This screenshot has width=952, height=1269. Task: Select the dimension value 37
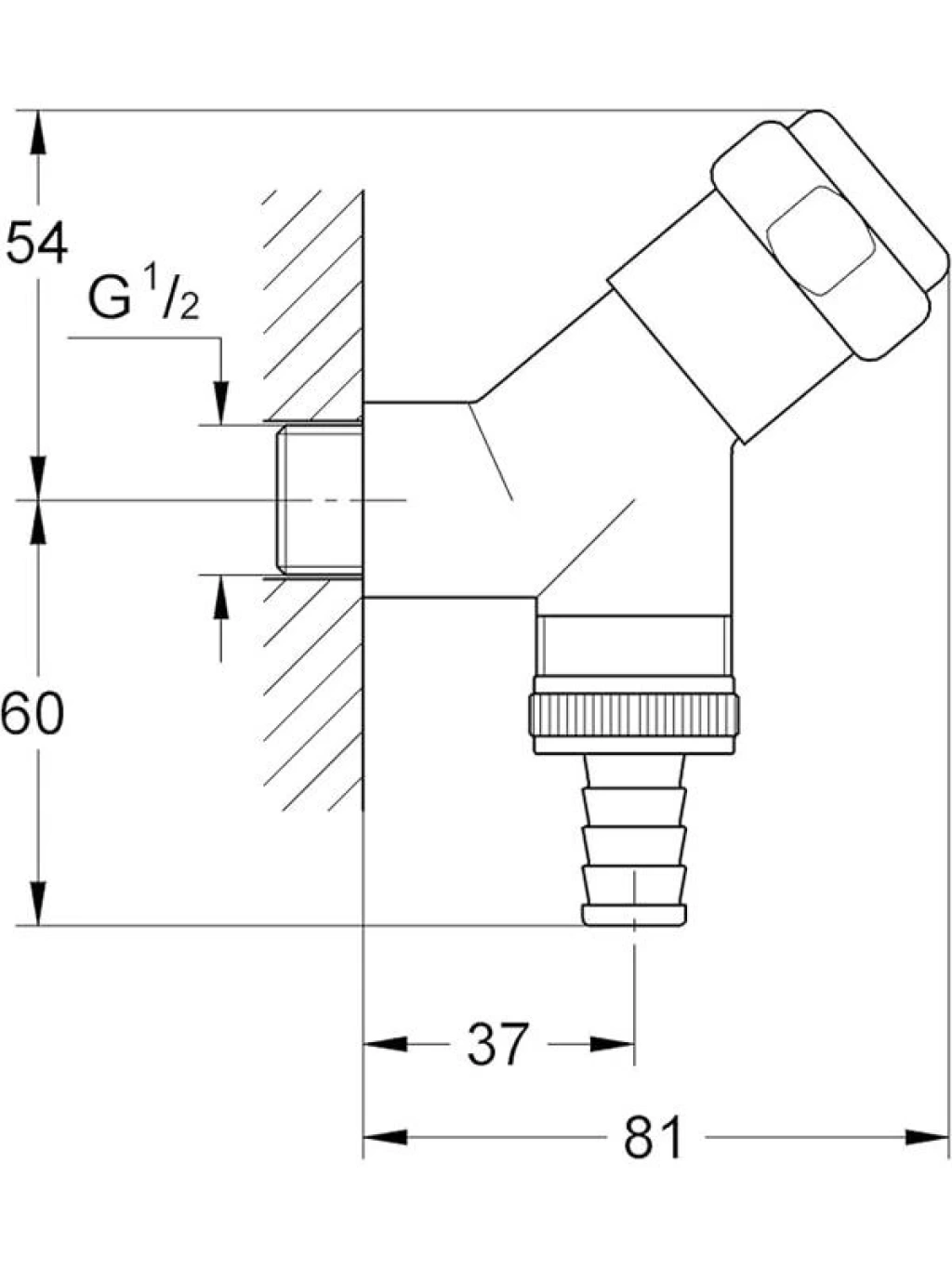click(x=497, y=1043)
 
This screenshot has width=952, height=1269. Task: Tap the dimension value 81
click(x=654, y=1137)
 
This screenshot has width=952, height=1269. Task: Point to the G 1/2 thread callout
click(x=144, y=299)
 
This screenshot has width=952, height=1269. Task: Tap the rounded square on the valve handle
click(x=819, y=241)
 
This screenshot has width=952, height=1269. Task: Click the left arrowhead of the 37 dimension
click(x=385, y=1044)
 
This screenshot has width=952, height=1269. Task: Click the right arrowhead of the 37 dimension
click(x=613, y=1044)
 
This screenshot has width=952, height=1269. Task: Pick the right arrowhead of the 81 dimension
click(x=927, y=1138)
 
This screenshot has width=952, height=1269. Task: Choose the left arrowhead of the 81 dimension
click(x=385, y=1138)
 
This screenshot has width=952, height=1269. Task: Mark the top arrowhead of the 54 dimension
click(x=37, y=132)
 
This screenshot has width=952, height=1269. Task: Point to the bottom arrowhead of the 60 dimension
click(x=37, y=903)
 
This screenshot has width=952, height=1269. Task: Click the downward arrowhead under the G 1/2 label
click(x=221, y=403)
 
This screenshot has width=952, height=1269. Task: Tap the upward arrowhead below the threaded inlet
click(x=221, y=597)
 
